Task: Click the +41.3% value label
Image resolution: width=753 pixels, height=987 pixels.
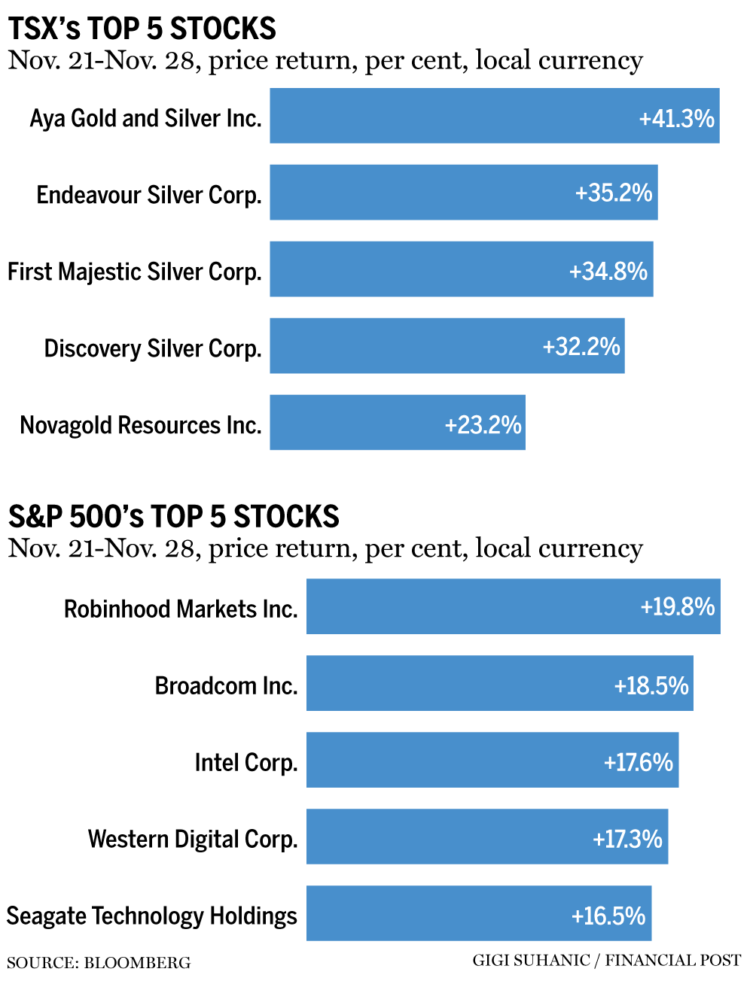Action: [x=676, y=118]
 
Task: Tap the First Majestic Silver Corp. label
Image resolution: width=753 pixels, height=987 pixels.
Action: [x=135, y=272]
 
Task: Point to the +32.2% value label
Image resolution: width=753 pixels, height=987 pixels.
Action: [x=581, y=346]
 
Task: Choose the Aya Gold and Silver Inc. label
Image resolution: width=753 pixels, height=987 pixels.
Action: [x=145, y=118]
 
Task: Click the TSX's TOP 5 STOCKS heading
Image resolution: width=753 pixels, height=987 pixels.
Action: [x=142, y=29]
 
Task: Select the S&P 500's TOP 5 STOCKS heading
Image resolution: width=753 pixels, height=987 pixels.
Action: [x=174, y=517]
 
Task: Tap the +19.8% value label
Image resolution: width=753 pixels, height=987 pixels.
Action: [x=677, y=606]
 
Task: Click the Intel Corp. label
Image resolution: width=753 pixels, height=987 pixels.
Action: [x=246, y=762]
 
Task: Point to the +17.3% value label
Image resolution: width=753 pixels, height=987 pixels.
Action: [x=627, y=838]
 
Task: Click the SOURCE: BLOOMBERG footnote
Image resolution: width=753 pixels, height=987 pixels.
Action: [x=99, y=963]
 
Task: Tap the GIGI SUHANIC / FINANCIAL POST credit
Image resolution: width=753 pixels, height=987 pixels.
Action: [x=606, y=961]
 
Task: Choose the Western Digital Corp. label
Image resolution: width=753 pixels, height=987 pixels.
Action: [x=193, y=839]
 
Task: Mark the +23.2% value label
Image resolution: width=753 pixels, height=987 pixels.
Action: [x=483, y=424]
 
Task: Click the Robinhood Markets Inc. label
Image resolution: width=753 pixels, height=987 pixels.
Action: [x=181, y=609]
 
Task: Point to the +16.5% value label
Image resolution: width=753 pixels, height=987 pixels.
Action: [x=608, y=916]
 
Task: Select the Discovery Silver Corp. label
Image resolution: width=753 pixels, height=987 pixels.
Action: [x=153, y=348]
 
